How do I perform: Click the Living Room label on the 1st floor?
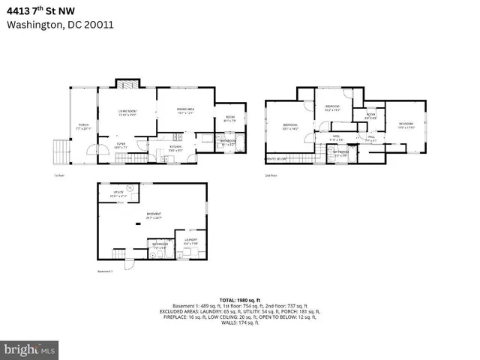126,112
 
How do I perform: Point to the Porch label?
84,127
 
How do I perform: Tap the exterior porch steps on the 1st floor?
60,151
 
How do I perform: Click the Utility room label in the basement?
118,194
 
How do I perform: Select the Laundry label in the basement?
191,241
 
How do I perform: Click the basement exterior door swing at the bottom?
128,263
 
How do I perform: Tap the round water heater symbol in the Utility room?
129,188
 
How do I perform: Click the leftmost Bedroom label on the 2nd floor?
290,126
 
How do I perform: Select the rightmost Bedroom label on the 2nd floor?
406,124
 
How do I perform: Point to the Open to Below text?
277,159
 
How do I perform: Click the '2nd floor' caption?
271,175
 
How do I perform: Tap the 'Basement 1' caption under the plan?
105,271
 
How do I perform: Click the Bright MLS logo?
30,349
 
